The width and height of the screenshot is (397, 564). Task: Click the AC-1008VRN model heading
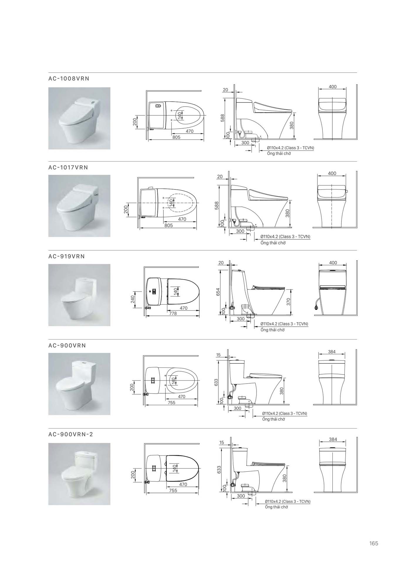pyautogui.click(x=69, y=79)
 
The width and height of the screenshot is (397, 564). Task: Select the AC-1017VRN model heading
pyautogui.click(x=68, y=167)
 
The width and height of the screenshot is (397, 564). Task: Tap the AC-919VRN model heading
pyautogui.click(x=67, y=256)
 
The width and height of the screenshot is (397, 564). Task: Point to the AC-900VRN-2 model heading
pyautogui.click(x=71, y=434)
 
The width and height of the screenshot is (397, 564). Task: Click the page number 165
pyautogui.click(x=374, y=543)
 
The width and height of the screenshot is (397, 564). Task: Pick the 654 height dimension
pyautogui.click(x=218, y=292)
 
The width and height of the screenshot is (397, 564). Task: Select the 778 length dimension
pyautogui.click(x=173, y=313)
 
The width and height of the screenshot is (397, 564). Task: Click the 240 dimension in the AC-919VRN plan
pyautogui.click(x=133, y=299)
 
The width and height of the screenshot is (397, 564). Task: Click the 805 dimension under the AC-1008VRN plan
pyautogui.click(x=176, y=137)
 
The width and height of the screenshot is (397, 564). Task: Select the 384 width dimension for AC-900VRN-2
pyautogui.click(x=333, y=439)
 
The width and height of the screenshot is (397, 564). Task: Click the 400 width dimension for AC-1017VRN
pyautogui.click(x=332, y=174)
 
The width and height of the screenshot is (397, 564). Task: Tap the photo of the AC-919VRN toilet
pyautogui.click(x=79, y=295)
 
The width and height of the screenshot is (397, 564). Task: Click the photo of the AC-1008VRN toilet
pyautogui.click(x=79, y=118)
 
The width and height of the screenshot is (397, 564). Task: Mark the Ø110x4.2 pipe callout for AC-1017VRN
pyautogui.click(x=285, y=236)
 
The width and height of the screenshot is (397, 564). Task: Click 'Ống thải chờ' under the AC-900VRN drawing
pyautogui.click(x=274, y=419)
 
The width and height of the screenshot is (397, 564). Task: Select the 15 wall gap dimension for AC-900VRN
pyautogui.click(x=218, y=355)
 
